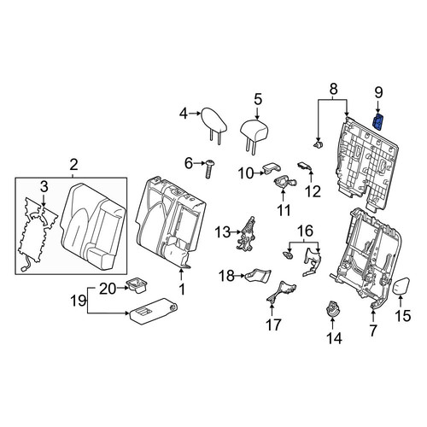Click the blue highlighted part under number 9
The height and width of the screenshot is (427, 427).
point(377,121)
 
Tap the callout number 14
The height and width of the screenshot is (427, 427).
point(334,338)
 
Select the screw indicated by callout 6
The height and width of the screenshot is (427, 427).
point(209,169)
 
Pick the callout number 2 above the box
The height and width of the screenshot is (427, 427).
point(73,165)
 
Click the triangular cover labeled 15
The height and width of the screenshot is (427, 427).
point(401,286)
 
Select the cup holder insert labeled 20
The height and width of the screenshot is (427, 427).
point(137,286)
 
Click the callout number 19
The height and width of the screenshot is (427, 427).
point(79,301)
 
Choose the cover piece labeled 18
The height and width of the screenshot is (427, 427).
point(258,275)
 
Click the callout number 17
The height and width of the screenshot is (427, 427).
point(273,325)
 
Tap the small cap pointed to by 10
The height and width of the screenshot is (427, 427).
point(271,168)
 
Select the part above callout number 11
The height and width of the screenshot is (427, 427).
point(284,182)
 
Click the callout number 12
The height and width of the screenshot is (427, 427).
point(313,191)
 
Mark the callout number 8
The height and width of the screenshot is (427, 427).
point(333,89)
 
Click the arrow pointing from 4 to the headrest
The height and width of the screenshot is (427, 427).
point(195,114)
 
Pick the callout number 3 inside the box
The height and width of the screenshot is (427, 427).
point(44,187)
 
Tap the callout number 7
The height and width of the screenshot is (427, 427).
point(372,330)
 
